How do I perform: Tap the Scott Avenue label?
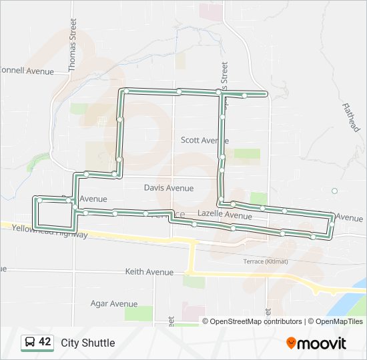tap(205, 141)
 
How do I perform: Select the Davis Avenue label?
tap(169, 188)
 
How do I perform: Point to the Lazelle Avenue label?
tap(225, 216)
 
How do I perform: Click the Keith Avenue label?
tap(149, 272)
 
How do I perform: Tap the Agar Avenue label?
tap(114, 304)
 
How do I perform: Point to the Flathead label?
tap(351, 117)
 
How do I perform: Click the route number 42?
tap(45, 342)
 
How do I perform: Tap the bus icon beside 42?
tap(29, 343)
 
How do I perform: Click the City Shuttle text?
tap(88, 343)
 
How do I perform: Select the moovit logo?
tap(316, 343)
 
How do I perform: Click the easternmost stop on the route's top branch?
tap(245, 95)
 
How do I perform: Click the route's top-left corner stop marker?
tap(125, 91)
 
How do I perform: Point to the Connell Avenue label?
tap(27, 70)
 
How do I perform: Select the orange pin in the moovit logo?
tap(291, 343)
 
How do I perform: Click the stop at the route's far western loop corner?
tap(40, 199)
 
